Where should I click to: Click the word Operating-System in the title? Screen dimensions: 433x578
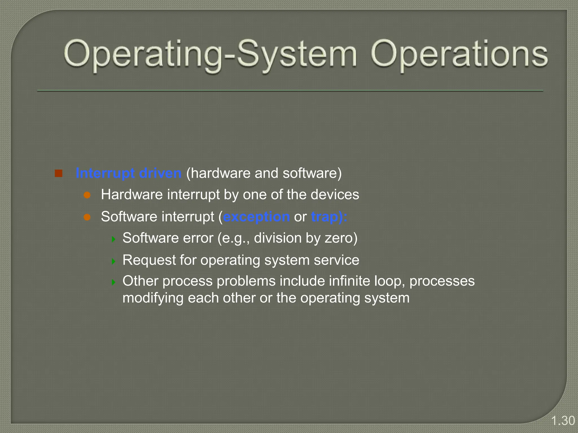[x=210, y=54]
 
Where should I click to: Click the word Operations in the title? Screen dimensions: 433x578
[x=459, y=54]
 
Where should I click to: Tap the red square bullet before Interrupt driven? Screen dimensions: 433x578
[x=59, y=173]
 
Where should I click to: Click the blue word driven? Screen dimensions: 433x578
[x=160, y=173]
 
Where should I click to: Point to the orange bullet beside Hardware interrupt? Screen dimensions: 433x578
[x=87, y=195]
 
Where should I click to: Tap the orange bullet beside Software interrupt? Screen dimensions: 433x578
[x=87, y=217]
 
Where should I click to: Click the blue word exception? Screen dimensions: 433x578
[x=256, y=217]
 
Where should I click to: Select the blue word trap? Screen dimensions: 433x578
[x=325, y=217]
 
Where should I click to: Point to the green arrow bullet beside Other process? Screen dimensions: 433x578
[x=113, y=282]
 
